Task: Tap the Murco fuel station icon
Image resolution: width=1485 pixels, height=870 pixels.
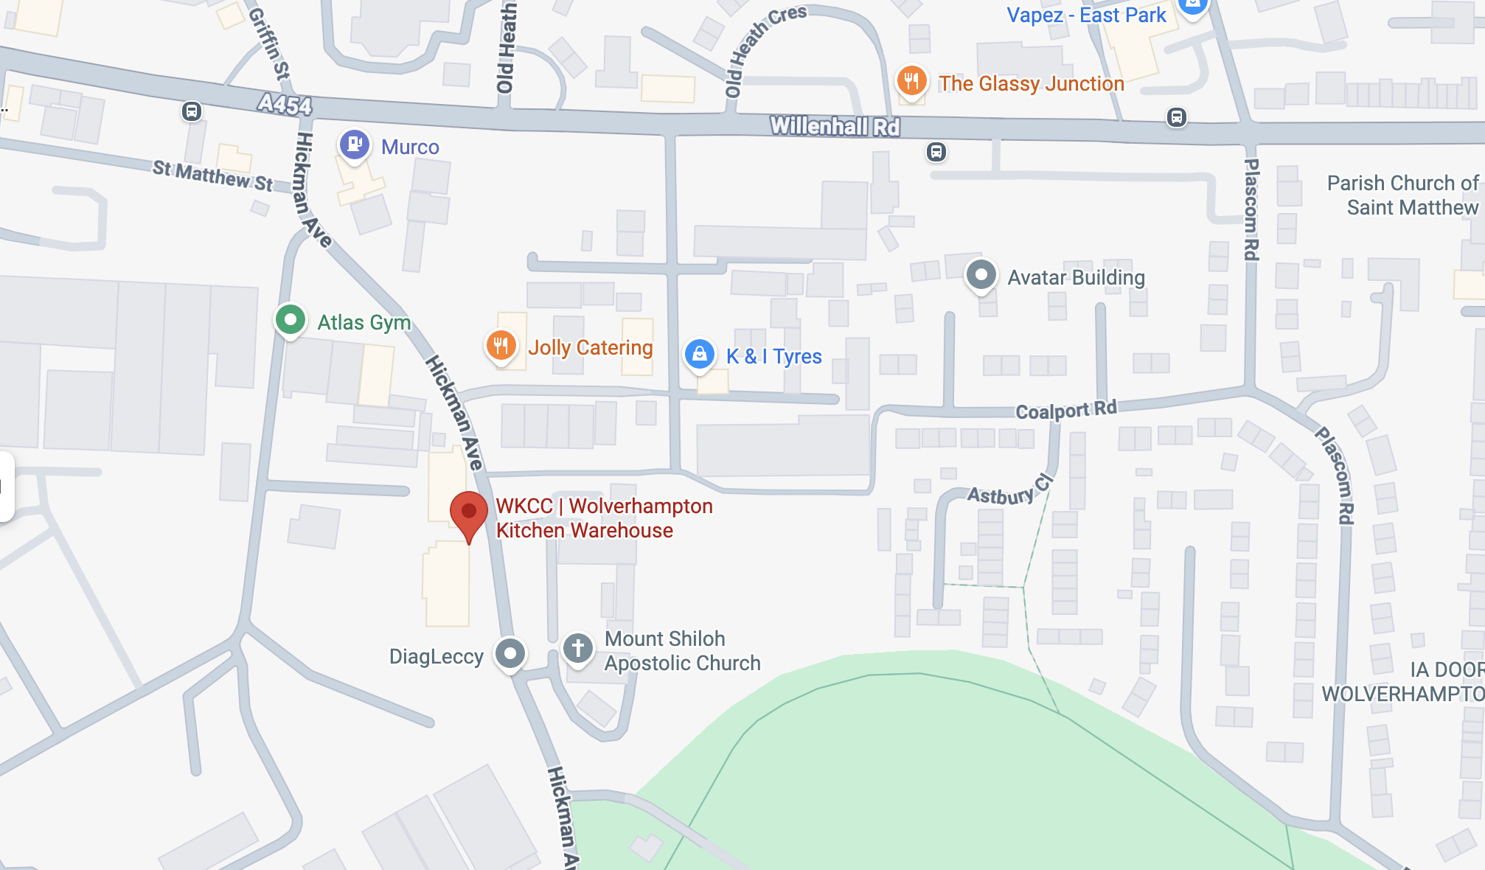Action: [354, 145]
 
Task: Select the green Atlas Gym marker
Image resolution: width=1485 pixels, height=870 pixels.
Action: [291, 320]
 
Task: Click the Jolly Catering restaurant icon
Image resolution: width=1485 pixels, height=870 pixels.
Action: [501, 345]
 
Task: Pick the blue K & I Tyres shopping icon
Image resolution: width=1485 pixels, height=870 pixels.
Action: [699, 355]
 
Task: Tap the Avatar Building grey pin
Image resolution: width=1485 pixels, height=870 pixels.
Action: [981, 276]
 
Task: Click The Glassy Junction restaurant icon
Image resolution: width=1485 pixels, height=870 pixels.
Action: [911, 81]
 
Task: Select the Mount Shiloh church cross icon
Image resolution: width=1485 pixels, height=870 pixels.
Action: [578, 649]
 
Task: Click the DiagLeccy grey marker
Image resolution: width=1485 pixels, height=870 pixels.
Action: [510, 653]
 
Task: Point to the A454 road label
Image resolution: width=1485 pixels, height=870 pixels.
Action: [285, 105]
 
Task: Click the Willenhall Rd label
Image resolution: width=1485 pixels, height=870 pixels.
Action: [835, 127]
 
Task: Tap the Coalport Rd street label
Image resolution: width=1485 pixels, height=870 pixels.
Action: [1066, 410]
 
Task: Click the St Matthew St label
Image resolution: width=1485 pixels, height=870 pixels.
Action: [212, 175]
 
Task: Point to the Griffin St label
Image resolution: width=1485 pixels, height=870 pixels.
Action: [270, 44]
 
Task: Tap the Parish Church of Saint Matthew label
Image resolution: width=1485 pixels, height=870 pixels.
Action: [1402, 195]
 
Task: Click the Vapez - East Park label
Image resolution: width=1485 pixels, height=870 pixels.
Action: [1086, 15]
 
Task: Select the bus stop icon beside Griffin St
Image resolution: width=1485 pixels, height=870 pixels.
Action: [192, 111]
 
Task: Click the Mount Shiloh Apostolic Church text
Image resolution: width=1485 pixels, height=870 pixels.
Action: [682, 650]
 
